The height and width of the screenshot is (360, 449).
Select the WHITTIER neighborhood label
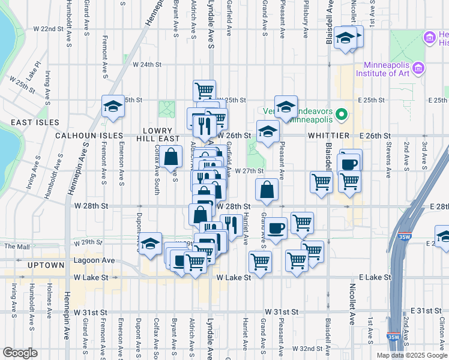(324, 136)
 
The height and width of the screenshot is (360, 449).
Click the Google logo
(20, 353)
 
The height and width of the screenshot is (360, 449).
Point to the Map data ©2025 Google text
(411, 355)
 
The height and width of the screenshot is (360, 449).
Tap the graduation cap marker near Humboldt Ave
(112, 106)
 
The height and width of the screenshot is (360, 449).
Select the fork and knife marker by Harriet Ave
(231, 226)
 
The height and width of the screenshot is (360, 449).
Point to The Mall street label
(17, 247)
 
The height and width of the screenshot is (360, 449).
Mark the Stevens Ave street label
(388, 162)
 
